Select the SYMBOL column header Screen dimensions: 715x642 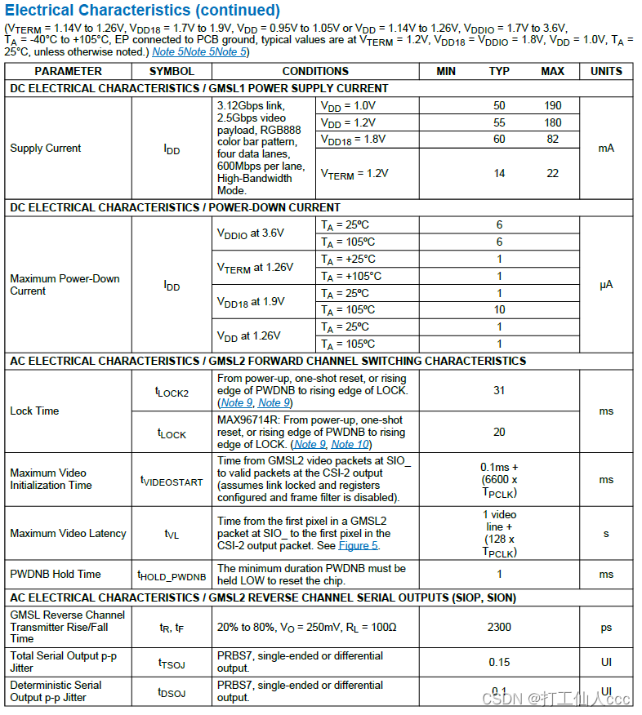[x=172, y=71]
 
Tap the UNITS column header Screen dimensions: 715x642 [x=606, y=71]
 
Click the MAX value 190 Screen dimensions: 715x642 [x=552, y=105]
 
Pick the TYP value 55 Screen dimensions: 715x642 [x=499, y=122]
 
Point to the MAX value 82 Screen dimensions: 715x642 [x=552, y=139]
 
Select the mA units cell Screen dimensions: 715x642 [x=606, y=148]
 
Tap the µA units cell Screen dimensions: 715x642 [x=606, y=285]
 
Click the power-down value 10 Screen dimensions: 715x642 [x=499, y=310]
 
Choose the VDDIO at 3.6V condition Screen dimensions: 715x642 [x=250, y=233]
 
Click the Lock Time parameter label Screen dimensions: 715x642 [x=34, y=411]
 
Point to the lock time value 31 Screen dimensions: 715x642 [x=499, y=390]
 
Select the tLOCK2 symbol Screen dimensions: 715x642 [x=172, y=392]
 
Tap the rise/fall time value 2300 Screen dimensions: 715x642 [x=499, y=627]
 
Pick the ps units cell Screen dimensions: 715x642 [x=606, y=627]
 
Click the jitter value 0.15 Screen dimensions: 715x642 [x=499, y=662]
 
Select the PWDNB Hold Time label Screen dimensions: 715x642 [x=56, y=574]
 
